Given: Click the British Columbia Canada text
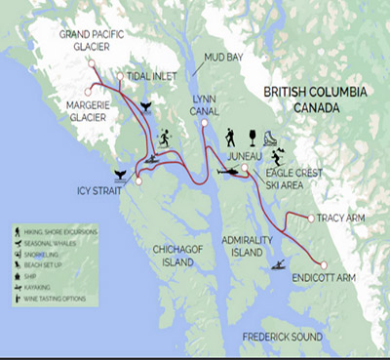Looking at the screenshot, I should tap(322, 98).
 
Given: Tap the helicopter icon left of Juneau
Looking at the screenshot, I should tap(230, 171).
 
